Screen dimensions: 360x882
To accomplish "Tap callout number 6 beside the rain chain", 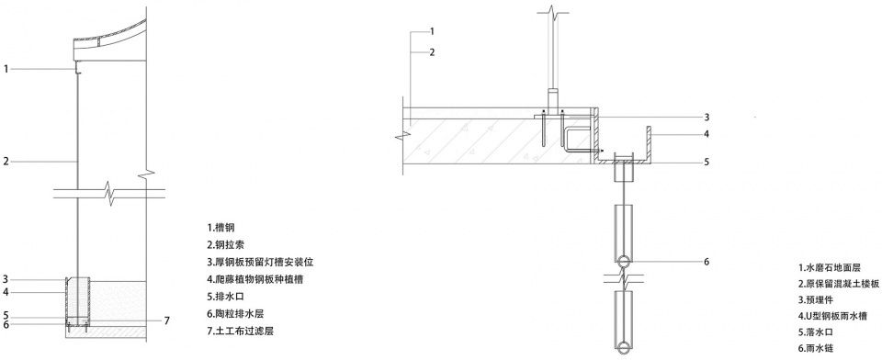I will tap(707, 262).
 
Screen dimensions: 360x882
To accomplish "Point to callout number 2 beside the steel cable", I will tap(6, 162).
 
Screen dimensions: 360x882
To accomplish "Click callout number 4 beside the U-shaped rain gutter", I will tap(707, 134).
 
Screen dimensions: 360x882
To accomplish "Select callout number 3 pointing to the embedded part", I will tap(707, 118).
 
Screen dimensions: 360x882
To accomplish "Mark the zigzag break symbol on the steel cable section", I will tap(109, 194).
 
